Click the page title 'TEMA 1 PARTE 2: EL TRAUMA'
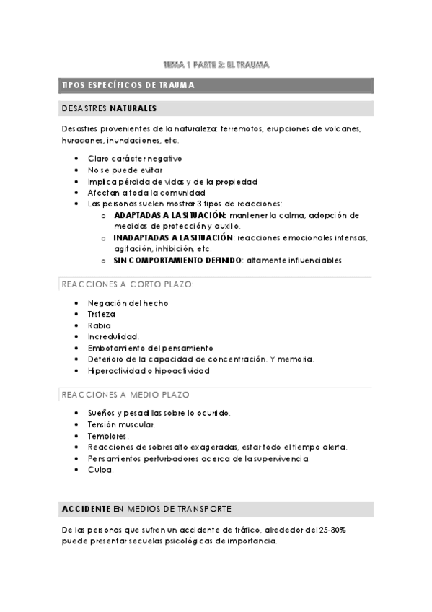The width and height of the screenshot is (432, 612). pyautogui.click(x=216, y=65)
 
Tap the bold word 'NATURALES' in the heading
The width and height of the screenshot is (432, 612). pyautogui.click(x=133, y=109)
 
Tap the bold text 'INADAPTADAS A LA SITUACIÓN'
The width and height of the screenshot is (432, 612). pyautogui.click(x=174, y=237)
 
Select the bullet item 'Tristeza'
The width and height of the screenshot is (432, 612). pyautogui.click(x=102, y=314)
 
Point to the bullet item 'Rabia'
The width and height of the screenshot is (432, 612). pyautogui.click(x=100, y=325)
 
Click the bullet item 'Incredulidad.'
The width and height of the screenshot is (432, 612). pyautogui.click(x=113, y=336)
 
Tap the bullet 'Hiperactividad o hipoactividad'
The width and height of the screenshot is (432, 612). pyautogui.click(x=149, y=371)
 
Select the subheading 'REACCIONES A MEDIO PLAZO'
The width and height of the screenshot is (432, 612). pyautogui.click(x=125, y=395)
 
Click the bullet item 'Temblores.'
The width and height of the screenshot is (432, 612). pyautogui.click(x=109, y=436)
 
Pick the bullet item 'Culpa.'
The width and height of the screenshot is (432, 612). pyautogui.click(x=101, y=470)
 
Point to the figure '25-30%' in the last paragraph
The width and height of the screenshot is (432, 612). pyautogui.click(x=330, y=530)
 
